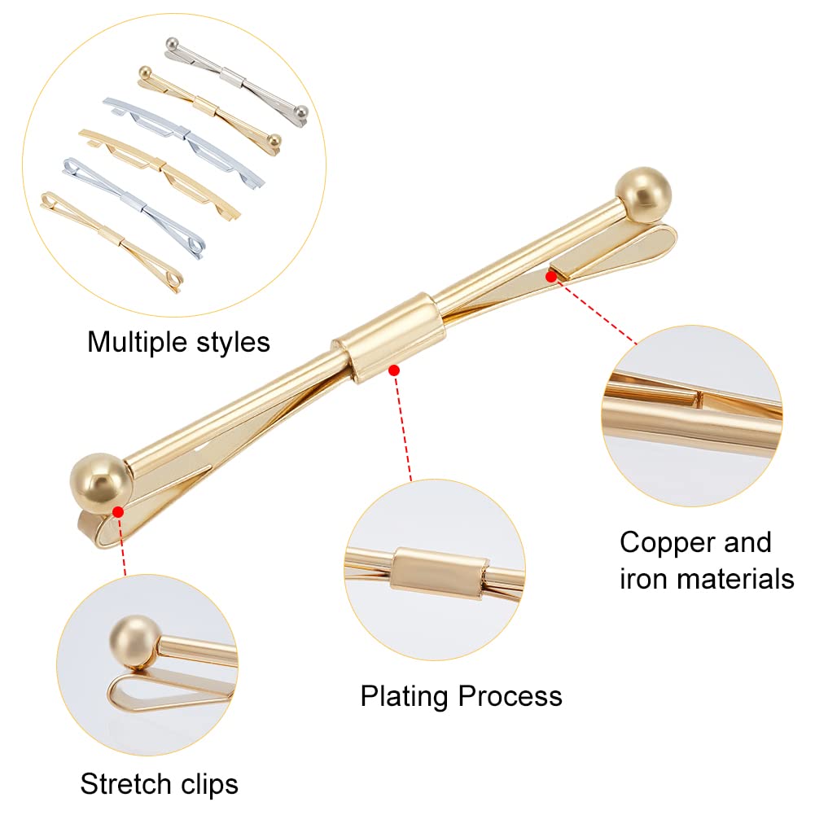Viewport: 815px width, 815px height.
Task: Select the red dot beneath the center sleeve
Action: pyautogui.click(x=394, y=370)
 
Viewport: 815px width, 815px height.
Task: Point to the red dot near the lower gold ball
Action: pyautogui.click(x=119, y=511)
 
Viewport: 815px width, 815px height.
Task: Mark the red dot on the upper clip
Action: pyautogui.click(x=551, y=277)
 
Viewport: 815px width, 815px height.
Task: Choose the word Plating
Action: pyautogui.click(x=405, y=697)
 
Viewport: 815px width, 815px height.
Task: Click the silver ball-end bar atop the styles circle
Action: pyautogui.click(x=236, y=77)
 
